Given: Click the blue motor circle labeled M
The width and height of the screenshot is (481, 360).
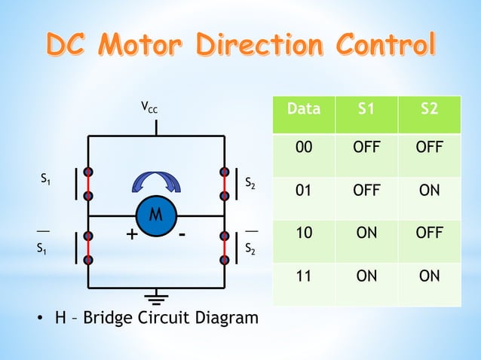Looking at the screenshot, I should [155, 216].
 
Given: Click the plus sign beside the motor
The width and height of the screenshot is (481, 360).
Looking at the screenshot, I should [132, 236].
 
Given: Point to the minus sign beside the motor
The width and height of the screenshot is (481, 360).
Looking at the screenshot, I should [182, 234].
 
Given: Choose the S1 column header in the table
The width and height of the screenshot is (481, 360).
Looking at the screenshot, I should [366, 108].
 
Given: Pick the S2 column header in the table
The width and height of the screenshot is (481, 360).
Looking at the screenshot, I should [429, 108].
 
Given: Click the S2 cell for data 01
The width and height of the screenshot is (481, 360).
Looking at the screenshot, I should [429, 190].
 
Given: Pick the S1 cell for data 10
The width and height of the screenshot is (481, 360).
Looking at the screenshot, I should [366, 233].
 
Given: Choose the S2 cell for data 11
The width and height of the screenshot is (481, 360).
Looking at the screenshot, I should [429, 276].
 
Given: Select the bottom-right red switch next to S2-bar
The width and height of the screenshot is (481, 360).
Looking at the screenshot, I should [225, 248].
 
